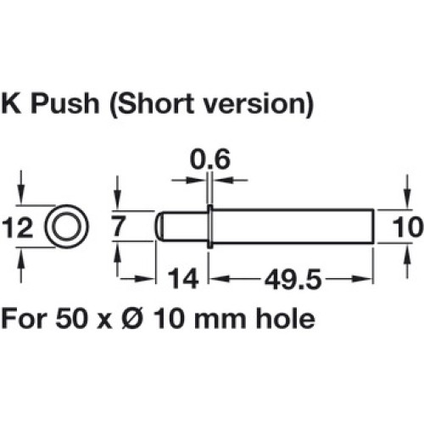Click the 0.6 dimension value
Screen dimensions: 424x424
[210, 159]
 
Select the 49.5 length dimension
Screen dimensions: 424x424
[293, 280]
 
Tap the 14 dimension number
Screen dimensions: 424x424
[183, 279]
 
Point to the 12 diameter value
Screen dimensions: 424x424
[18, 229]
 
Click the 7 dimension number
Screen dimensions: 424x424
[118, 226]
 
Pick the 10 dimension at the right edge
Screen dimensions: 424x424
[408, 227]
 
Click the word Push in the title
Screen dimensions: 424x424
[66, 103]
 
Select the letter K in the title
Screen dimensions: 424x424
[11, 103]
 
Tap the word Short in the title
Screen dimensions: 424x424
[153, 104]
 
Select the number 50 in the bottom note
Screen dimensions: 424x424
[70, 319]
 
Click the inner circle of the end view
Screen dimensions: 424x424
[67, 227]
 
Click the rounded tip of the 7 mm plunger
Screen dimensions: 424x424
[159, 226]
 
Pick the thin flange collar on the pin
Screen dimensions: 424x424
[209, 226]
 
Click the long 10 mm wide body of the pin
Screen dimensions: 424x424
[293, 226]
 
